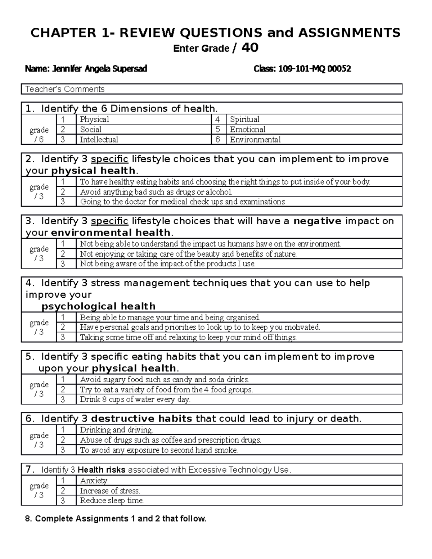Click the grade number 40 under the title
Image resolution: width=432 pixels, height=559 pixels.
(250, 48)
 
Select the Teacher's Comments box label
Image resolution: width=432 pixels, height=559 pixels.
(65, 89)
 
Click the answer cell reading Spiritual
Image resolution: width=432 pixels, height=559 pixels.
(244, 120)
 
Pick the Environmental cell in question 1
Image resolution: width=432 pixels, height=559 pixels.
(255, 140)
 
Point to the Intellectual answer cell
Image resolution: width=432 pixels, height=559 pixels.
(99, 140)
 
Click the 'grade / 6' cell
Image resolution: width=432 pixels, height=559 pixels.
(39, 134)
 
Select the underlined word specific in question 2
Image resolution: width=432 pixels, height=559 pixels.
(109, 159)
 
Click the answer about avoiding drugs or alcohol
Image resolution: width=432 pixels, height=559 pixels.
(156, 192)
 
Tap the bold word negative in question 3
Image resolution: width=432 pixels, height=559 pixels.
(318, 221)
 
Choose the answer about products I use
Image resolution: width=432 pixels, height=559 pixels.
(168, 264)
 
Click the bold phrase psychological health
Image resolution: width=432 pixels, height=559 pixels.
(99, 306)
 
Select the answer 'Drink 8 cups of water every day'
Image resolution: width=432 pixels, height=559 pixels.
(135, 400)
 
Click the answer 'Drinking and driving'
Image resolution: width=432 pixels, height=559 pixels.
(117, 430)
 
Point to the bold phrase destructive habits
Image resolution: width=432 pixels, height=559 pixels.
(141, 419)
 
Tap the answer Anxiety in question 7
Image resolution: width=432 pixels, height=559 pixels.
(94, 481)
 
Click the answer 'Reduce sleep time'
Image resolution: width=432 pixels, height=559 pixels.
(112, 501)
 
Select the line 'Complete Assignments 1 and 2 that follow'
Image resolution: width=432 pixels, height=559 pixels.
(120, 519)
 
